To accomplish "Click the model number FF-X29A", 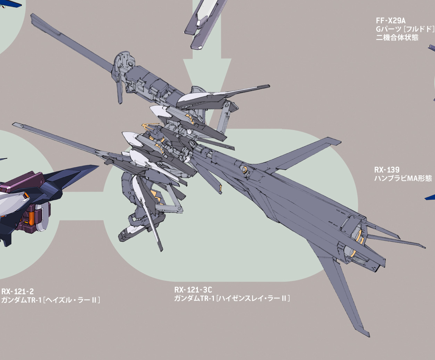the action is [x=390, y=21].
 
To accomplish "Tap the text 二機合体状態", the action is [x=397, y=38].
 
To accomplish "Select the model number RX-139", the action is [x=387, y=170].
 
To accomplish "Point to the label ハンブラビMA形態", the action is [x=403, y=178].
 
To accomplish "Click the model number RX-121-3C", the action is [x=193, y=290].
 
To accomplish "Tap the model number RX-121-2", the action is [x=17, y=291].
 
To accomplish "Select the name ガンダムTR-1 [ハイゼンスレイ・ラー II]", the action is [x=232, y=298].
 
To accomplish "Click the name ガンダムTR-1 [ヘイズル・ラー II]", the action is [x=51, y=300].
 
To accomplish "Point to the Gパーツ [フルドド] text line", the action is [x=405, y=29].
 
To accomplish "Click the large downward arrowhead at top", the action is [x=207, y=75].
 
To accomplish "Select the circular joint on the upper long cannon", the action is [x=130, y=64].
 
